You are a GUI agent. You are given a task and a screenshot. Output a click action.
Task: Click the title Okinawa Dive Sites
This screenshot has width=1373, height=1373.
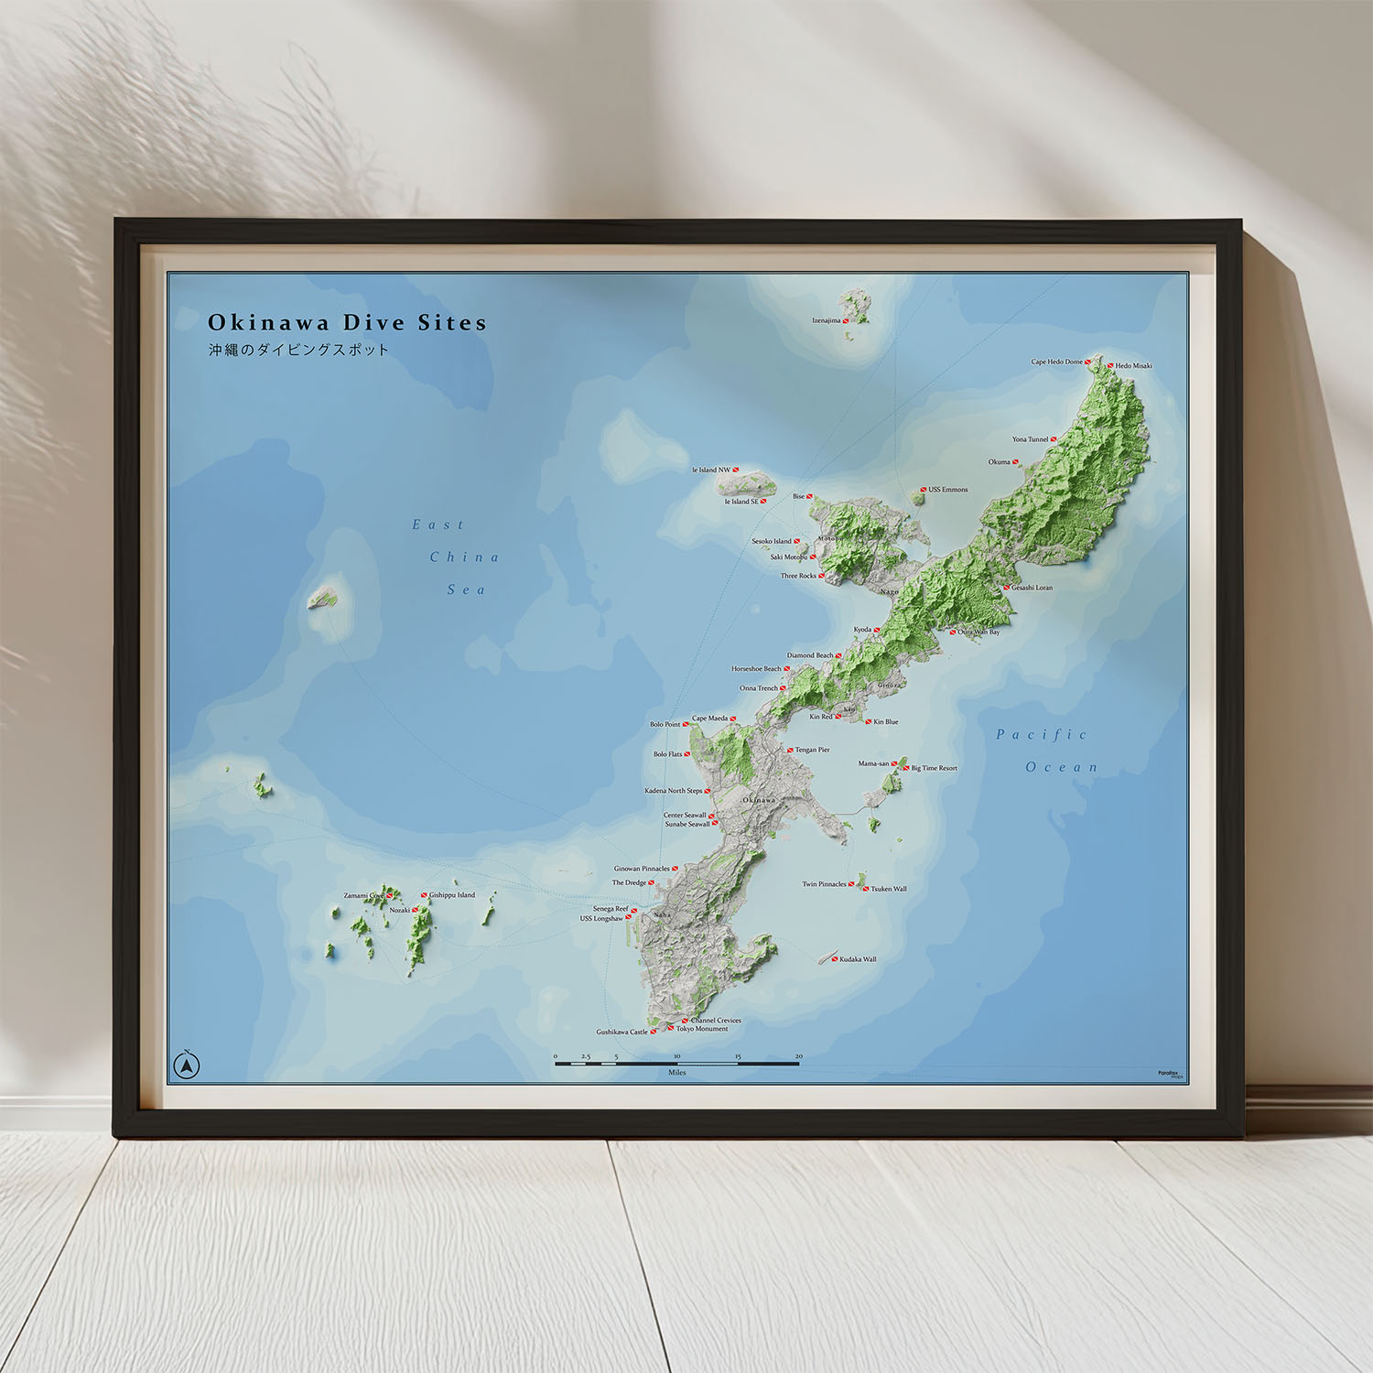point(347,322)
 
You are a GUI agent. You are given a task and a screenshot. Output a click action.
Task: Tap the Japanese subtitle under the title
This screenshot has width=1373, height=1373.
point(298,350)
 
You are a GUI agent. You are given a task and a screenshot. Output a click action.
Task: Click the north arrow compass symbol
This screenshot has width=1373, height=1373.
point(187,1065)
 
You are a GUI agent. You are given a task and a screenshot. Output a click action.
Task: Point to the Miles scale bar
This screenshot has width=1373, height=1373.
point(676,1063)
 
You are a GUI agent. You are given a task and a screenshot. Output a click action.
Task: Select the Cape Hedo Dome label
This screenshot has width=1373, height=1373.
point(1056,362)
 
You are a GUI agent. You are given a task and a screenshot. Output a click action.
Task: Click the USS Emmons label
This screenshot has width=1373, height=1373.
point(947,490)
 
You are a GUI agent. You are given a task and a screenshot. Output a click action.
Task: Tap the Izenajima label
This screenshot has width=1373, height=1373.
point(826,320)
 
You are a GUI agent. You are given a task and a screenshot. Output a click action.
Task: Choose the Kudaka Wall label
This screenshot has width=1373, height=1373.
point(858,959)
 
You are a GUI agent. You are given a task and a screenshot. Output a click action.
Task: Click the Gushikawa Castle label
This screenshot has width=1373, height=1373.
point(622,1032)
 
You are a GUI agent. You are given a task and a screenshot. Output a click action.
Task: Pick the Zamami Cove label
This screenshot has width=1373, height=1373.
point(363,895)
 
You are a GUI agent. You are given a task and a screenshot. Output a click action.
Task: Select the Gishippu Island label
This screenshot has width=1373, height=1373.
point(452,895)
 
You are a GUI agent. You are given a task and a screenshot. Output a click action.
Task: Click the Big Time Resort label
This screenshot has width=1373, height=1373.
point(934,768)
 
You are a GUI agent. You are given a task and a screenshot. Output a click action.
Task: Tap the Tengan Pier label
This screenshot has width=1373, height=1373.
point(812,750)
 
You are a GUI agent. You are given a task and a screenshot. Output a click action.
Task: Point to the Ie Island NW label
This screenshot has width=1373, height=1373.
point(711,470)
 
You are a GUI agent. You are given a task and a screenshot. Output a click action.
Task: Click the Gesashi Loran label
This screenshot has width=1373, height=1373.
point(1032,588)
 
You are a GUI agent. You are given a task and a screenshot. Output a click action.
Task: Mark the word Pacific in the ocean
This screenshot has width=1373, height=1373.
point(1042,734)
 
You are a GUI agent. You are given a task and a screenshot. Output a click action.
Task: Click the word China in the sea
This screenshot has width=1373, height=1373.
point(464,557)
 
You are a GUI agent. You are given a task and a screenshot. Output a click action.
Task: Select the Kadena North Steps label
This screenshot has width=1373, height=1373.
point(673,791)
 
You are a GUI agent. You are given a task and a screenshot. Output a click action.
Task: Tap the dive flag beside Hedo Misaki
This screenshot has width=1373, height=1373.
point(1110,365)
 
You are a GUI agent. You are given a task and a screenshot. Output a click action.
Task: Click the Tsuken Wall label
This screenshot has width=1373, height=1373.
point(888,889)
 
